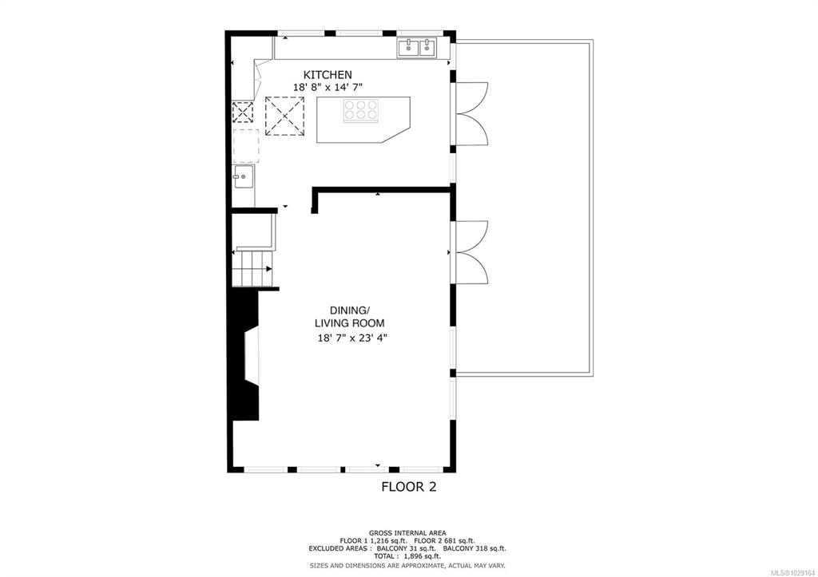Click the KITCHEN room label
[x=328, y=74]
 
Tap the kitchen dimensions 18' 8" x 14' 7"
[x=327, y=88]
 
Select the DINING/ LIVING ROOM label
[x=349, y=316]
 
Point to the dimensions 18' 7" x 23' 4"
[x=352, y=338]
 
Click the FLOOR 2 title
[x=408, y=487]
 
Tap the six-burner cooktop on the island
[x=360, y=110]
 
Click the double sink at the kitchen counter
[x=417, y=48]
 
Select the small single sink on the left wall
[x=243, y=176]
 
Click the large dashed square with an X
[x=285, y=117]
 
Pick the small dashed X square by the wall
[x=243, y=112]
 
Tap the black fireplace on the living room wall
[x=246, y=355]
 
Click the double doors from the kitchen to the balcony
[x=472, y=113]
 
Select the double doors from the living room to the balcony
[x=472, y=252]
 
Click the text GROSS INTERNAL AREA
[x=407, y=532]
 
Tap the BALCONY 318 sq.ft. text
[x=475, y=548]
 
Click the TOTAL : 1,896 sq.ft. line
[x=407, y=556]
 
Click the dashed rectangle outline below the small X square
[x=246, y=147]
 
